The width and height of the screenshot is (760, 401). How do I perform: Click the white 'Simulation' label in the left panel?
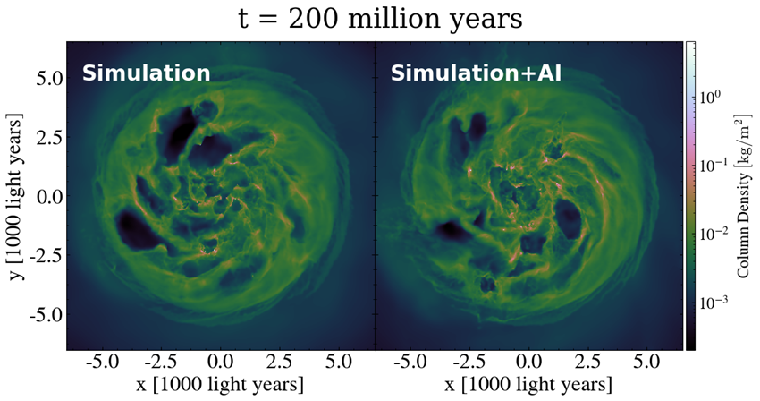coord(147,73)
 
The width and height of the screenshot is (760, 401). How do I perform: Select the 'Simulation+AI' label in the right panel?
coord(476,73)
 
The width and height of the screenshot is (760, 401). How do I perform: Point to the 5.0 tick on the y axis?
coord(44,78)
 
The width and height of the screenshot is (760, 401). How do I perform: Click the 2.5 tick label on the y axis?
coord(44,137)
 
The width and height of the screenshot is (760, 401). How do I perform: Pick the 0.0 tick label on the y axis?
coord(44,196)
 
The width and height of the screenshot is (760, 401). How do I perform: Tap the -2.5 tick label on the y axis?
coord(39,255)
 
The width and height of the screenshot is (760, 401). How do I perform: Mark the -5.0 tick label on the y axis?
coord(39,314)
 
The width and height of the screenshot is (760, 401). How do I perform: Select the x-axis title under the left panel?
coord(220,383)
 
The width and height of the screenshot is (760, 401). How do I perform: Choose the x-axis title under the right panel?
coord(529,383)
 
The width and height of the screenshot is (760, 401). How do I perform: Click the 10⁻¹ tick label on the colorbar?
coord(710,164)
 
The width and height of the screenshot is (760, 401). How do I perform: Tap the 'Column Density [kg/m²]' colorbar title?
coord(744,195)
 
